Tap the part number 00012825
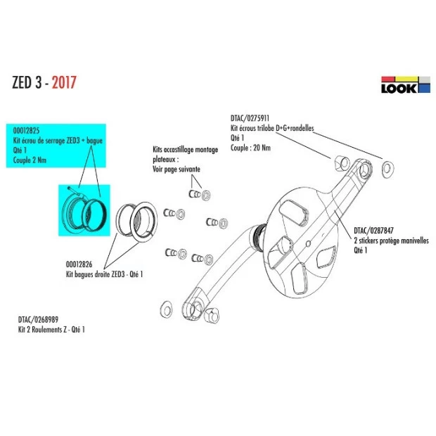point(27,131)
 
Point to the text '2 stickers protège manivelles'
point(391,239)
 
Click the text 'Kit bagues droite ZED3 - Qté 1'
point(105,274)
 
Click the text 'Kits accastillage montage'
point(184,150)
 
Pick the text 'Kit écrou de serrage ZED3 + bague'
point(57,141)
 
